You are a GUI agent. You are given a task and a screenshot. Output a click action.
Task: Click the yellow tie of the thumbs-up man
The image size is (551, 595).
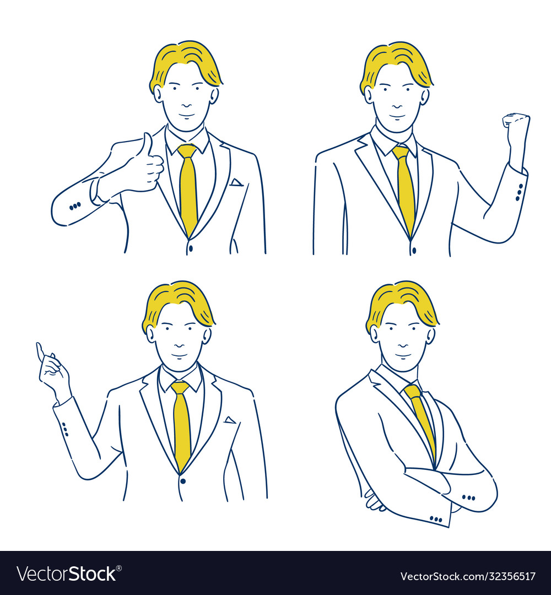(188, 187)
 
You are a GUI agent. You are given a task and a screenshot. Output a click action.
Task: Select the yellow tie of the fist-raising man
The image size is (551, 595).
(406, 187)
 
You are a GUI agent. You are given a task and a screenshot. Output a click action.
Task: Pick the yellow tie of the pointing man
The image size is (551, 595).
(182, 424)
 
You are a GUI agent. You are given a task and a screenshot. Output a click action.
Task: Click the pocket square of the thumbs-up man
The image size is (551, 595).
(236, 182)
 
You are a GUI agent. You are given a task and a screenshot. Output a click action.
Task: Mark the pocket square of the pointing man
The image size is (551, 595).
(230, 420)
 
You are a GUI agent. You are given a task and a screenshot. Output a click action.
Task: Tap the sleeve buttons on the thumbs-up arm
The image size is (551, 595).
(75, 205)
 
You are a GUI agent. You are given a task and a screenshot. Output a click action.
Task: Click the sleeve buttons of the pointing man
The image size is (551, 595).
(64, 429)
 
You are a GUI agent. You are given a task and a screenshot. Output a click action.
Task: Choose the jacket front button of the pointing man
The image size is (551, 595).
(183, 480)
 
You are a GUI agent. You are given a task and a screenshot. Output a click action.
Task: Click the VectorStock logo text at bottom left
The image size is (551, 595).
(67, 574)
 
